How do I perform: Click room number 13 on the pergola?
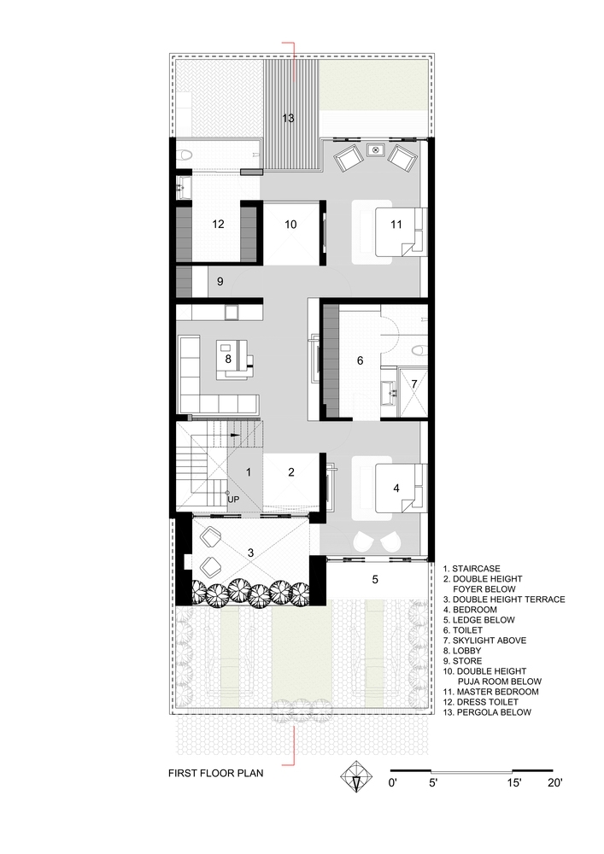(x=289, y=118)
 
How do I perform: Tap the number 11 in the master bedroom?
(x=396, y=225)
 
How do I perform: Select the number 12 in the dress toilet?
(x=218, y=225)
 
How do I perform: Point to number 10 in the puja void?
(x=290, y=225)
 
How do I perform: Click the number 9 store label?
(x=220, y=281)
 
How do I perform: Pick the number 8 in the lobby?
(x=228, y=360)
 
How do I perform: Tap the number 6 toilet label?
(x=360, y=360)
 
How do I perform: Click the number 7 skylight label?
(x=414, y=383)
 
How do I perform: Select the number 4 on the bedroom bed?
(x=396, y=488)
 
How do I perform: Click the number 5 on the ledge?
(x=375, y=580)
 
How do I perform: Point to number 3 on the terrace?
(x=250, y=553)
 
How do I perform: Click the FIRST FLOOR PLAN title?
(x=215, y=775)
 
